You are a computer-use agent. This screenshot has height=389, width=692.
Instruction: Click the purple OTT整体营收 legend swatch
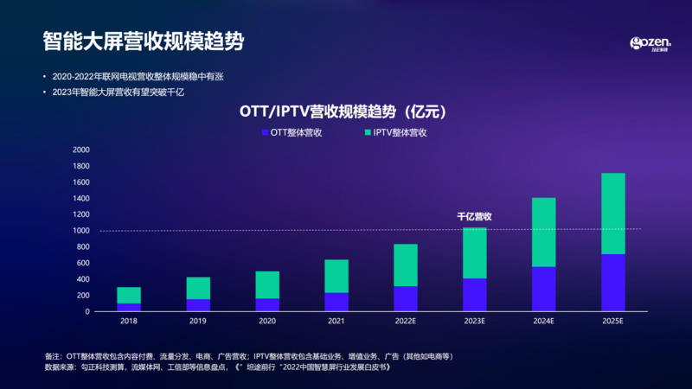point(265,133)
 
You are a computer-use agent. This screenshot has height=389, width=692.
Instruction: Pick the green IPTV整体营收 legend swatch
point(368,133)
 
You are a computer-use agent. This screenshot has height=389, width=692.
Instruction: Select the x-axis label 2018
point(129,322)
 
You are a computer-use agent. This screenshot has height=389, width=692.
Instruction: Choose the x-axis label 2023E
point(474,322)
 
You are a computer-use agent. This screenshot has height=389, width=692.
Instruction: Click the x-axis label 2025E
point(612,322)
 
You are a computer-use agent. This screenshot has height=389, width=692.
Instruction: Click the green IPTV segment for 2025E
point(612,214)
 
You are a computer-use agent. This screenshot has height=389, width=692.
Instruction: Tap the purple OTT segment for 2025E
point(612,283)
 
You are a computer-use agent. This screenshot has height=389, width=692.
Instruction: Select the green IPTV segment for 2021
point(336,276)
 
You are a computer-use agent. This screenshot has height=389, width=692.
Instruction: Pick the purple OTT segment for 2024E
point(543,289)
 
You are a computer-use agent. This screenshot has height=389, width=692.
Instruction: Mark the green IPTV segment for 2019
point(198,288)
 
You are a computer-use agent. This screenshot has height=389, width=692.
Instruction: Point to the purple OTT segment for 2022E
point(405,298)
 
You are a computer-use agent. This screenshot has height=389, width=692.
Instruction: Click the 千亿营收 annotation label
point(474,216)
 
